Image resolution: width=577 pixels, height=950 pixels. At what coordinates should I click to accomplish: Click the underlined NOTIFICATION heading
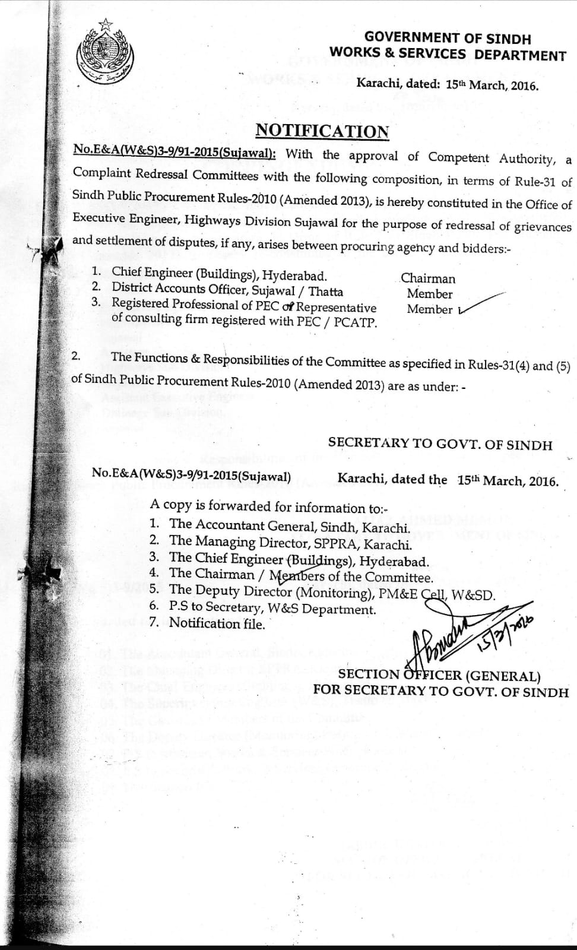click(322, 131)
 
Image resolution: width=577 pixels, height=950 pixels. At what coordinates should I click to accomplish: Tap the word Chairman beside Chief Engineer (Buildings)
click(428, 278)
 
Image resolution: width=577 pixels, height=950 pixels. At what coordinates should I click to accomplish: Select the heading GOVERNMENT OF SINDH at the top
click(448, 39)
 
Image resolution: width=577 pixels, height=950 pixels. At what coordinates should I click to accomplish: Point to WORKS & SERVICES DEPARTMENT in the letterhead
click(448, 55)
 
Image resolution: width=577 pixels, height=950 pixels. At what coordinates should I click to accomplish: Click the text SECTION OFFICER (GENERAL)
click(439, 675)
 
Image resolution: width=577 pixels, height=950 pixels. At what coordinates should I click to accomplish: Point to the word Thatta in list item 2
click(325, 292)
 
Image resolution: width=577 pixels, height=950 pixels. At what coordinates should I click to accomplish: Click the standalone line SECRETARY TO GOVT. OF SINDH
click(440, 444)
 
